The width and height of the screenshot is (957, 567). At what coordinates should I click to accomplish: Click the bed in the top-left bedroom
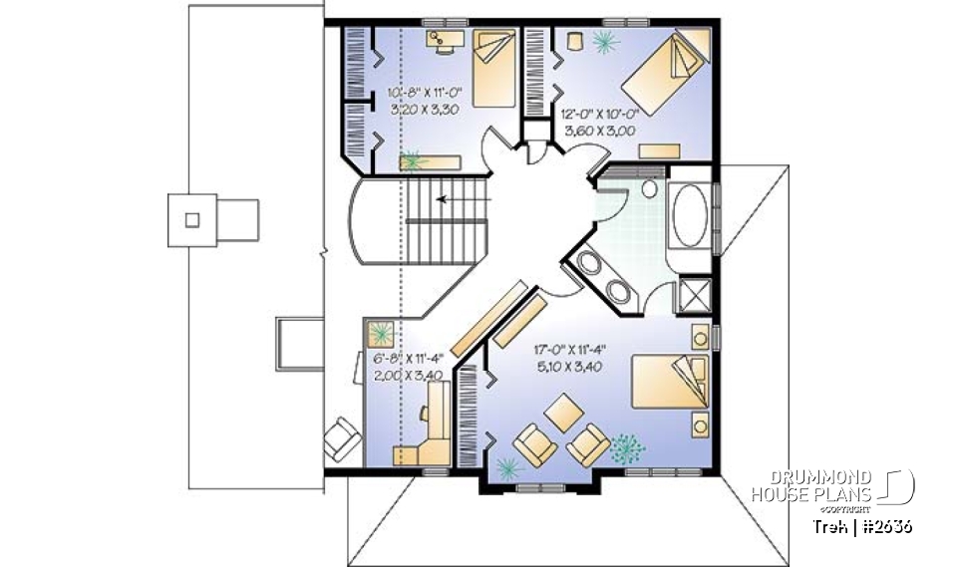[x=491, y=68]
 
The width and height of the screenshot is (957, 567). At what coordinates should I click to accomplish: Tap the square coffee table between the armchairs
[x=564, y=412]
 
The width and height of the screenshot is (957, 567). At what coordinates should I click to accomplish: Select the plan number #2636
[x=881, y=526]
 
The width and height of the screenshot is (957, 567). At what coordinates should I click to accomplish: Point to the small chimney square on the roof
[x=193, y=219]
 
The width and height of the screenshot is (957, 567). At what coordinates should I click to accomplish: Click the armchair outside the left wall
[x=342, y=438]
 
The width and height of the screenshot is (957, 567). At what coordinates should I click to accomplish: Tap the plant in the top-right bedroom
[x=604, y=41]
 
